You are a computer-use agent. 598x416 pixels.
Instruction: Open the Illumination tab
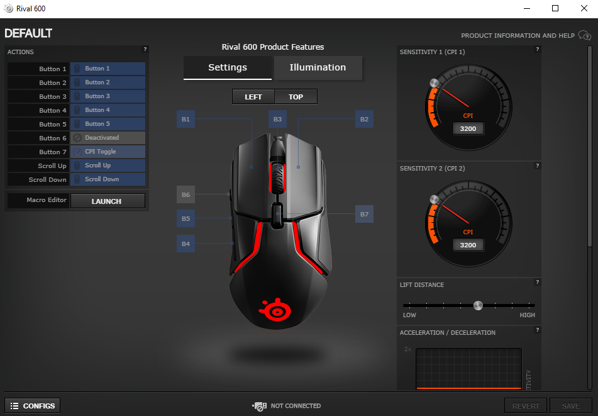318,67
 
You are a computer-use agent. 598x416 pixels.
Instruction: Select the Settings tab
227,67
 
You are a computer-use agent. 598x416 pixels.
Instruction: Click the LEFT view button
253,96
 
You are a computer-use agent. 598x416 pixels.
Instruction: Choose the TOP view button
296,96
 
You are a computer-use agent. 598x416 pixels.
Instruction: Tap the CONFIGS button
33,406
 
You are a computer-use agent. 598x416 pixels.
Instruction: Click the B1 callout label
185,119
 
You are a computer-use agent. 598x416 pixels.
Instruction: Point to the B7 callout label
364,214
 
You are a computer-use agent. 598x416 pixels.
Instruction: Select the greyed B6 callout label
185,194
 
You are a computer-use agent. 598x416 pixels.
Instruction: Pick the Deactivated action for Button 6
108,138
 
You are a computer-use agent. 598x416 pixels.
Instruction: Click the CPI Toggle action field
108,152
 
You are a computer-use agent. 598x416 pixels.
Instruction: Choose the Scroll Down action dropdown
108,179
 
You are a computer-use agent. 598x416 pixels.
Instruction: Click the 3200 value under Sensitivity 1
468,128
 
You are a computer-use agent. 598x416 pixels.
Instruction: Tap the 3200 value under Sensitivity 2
468,245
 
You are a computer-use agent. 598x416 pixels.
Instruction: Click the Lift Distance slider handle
478,305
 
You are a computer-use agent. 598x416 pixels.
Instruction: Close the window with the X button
584,8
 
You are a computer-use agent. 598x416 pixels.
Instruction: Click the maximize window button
555,8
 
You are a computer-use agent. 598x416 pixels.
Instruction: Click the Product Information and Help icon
585,35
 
